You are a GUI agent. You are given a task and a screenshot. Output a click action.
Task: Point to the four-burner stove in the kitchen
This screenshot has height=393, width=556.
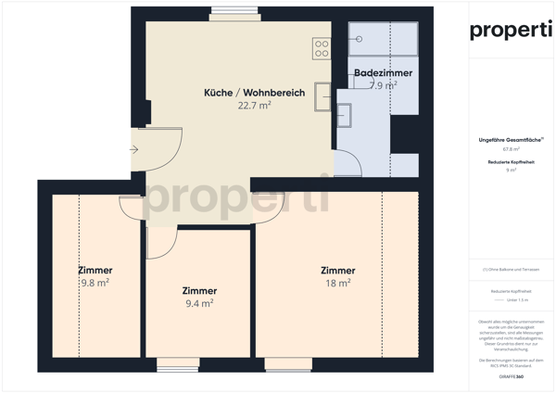point(322,49)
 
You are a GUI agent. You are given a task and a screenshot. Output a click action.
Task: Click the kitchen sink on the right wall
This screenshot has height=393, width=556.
point(322,95)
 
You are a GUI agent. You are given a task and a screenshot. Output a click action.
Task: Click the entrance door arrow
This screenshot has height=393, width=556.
point(135,148)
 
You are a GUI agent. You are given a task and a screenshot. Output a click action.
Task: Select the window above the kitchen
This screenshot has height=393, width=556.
point(234,13)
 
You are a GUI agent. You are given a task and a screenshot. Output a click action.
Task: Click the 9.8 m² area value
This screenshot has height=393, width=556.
point(95,283)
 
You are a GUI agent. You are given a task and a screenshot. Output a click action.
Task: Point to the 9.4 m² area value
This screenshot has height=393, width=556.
point(199,302)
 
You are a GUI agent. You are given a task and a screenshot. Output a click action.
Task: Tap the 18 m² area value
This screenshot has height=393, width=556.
point(337,283)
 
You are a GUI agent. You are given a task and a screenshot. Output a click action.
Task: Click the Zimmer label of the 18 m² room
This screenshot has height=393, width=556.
point(337,271)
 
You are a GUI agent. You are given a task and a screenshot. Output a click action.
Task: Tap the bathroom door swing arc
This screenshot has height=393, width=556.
point(350,162)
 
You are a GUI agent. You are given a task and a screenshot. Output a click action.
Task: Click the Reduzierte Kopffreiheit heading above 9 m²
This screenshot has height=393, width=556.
point(511,162)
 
